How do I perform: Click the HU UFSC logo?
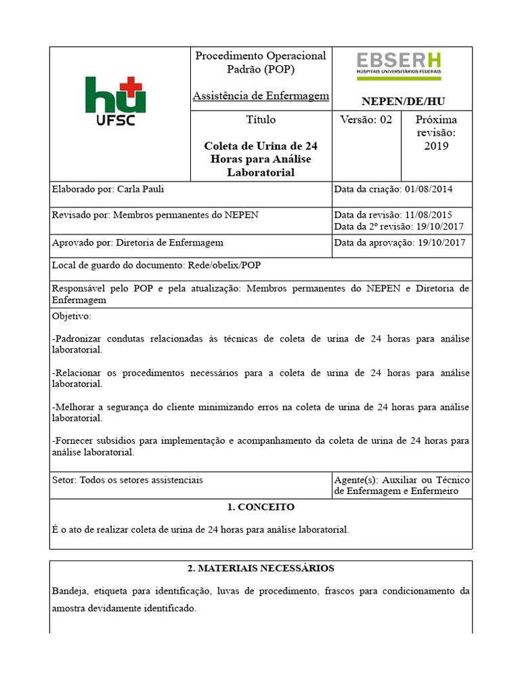pos(115,102)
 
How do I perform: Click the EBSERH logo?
pos(399,63)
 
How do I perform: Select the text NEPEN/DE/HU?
pos(403,102)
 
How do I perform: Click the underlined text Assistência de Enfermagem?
pos(261,96)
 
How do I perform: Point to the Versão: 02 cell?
pos(366,120)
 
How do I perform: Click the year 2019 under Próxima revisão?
pos(436,146)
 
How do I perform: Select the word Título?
pos(261,120)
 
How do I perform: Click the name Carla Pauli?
pos(140,189)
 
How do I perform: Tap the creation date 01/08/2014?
pos(428,189)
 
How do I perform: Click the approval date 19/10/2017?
pos(441,243)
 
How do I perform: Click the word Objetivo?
pos(71,317)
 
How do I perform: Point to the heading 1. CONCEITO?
pos(261,507)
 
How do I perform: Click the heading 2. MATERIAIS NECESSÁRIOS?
pos(261,569)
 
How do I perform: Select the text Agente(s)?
pos(356,480)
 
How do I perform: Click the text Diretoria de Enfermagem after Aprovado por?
pos(169,243)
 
